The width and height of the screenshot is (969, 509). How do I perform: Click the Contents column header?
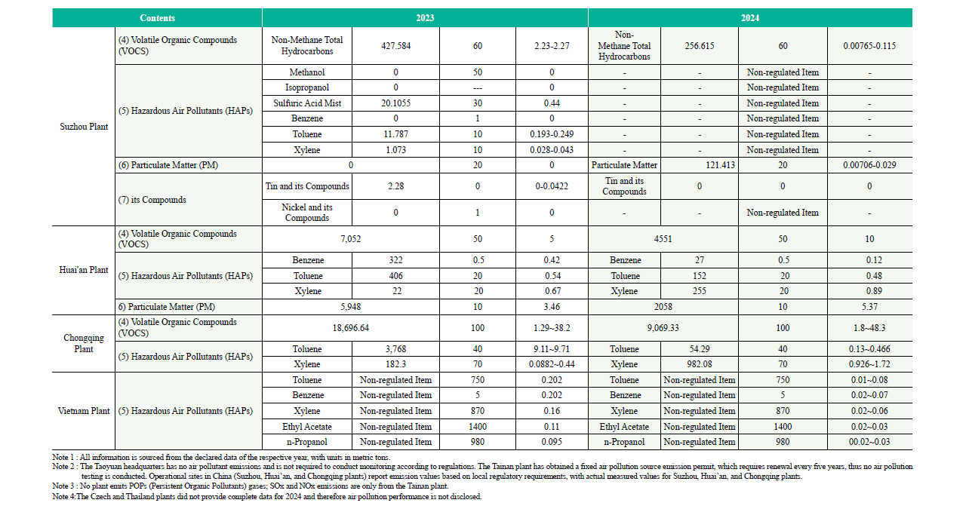click(x=157, y=18)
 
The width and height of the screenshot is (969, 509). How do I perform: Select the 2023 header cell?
click(x=425, y=18)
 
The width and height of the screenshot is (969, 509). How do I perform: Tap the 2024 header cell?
click(x=749, y=18)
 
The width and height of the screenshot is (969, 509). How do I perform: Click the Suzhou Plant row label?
click(x=84, y=127)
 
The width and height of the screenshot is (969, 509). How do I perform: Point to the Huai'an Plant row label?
click(x=84, y=270)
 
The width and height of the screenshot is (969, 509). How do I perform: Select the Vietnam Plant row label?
click(x=84, y=411)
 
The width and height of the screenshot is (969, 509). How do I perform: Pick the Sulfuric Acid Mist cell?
click(x=306, y=103)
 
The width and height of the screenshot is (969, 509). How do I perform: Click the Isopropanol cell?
click(x=306, y=87)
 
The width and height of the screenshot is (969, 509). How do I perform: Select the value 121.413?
click(x=700, y=164)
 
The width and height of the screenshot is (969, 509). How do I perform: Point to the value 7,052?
click(x=351, y=239)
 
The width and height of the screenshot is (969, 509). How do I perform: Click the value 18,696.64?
click(x=351, y=328)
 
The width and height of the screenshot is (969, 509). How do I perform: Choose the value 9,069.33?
click(x=663, y=328)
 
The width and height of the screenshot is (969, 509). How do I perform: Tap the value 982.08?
click(x=700, y=364)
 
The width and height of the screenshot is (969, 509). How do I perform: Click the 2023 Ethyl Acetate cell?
click(x=306, y=427)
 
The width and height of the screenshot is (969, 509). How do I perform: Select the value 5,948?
click(x=351, y=307)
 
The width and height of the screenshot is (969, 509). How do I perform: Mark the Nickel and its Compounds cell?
click(x=306, y=213)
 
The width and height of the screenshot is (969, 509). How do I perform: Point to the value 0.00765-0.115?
click(x=869, y=46)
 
